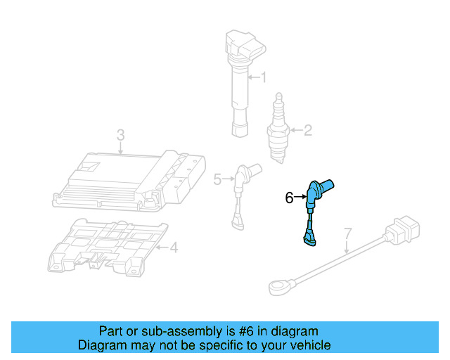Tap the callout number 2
(307, 129)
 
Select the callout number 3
(120, 134)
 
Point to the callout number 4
(174, 247)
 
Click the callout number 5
(217, 179)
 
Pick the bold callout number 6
(289, 198)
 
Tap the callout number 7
(347, 233)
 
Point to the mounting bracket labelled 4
(105, 246)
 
